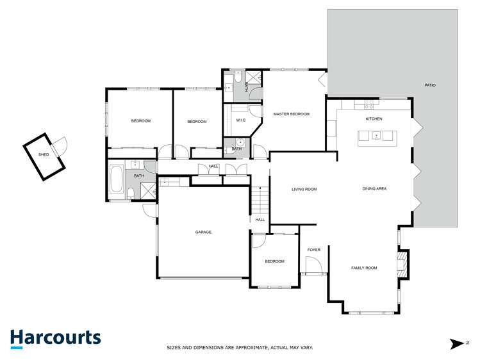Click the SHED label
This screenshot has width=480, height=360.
tap(44, 154)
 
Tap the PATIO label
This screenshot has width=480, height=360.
tap(430, 85)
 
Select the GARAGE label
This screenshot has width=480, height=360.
tap(203, 232)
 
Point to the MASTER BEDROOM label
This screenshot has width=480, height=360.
tap(291, 114)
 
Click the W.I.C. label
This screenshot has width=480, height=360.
tap(242, 120)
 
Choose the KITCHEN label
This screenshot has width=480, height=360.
tap(374, 119)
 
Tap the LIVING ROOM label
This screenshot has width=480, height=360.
tap(304, 189)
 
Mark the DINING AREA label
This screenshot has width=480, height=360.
tap(374, 188)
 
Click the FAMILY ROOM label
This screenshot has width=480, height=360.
tap(364, 268)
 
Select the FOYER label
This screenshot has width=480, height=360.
tap(314, 250)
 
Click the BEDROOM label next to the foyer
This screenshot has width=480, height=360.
tap(275, 261)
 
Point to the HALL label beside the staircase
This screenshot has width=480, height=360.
tap(260, 220)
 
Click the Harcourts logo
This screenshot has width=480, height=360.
tap(55, 338)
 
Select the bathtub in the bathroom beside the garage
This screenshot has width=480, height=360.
tap(117, 180)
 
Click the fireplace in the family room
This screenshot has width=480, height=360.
tap(402, 263)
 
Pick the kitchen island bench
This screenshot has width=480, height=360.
tap(377, 136)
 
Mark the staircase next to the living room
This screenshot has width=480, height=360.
tap(258, 201)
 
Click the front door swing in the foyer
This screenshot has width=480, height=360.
tap(313, 266)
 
